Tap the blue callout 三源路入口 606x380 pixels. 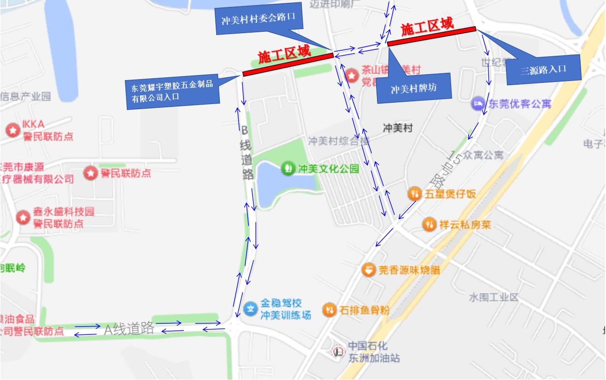[x=543, y=70]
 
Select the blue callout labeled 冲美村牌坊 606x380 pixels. [x=413, y=88]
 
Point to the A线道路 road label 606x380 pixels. [x=129, y=328]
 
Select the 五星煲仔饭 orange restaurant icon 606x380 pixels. [x=415, y=194]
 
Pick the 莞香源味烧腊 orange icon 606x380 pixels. [x=369, y=270]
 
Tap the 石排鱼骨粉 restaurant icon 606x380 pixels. [x=329, y=310]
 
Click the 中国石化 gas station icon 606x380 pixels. [x=338, y=352]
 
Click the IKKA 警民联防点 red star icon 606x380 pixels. [x=12, y=130]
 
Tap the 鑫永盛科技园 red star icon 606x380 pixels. [x=23, y=217]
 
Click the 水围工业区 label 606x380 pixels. [x=494, y=297]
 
